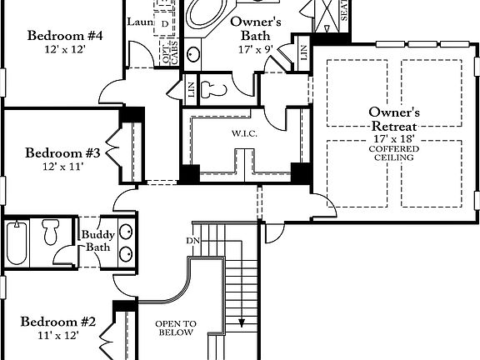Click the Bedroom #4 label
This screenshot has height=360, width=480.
click(x=64, y=36)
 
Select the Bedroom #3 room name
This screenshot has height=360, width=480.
click(x=62, y=153)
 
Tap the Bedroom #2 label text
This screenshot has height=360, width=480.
click(x=58, y=322)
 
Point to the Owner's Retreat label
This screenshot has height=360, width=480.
click(x=394, y=119)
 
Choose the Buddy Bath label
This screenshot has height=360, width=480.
click(x=97, y=241)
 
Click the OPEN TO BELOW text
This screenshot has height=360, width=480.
click(x=176, y=327)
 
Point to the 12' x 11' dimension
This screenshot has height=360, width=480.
click(x=62, y=167)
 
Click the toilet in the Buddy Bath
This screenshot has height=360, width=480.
click(x=52, y=232)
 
